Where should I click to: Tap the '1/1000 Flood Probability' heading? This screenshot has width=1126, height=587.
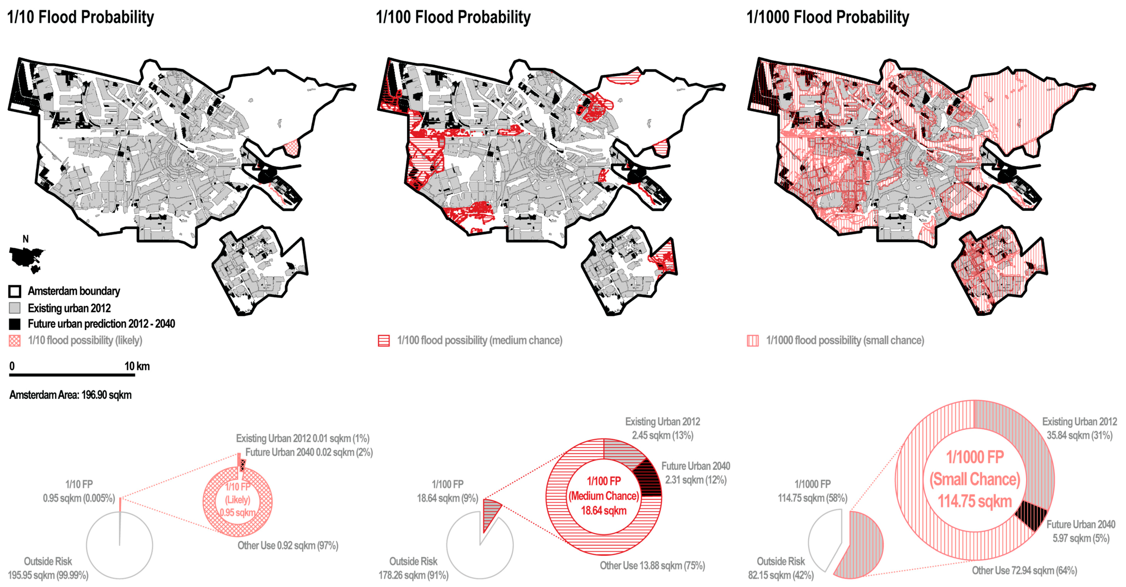(x=827, y=17)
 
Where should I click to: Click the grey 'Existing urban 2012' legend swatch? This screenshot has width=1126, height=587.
(x=15, y=308)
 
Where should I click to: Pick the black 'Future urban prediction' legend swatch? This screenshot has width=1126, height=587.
(x=15, y=324)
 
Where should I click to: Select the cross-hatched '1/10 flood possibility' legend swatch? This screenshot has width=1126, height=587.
(x=15, y=340)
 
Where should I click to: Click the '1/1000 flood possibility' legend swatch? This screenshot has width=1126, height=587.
(x=753, y=340)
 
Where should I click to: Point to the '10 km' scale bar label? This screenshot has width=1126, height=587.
(x=137, y=366)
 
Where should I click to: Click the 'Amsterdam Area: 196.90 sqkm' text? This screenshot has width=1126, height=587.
(x=70, y=395)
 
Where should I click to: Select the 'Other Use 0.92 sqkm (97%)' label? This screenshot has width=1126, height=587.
(x=288, y=546)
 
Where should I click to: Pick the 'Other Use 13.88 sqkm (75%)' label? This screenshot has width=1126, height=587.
(x=652, y=566)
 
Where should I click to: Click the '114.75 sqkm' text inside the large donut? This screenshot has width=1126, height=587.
(x=975, y=501)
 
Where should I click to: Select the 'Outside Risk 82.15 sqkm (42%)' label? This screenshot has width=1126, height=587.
(x=781, y=568)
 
